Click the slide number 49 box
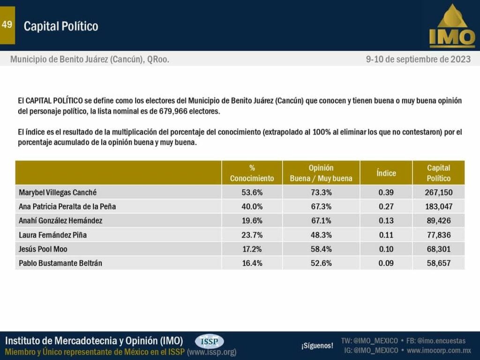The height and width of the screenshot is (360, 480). pos(7,25)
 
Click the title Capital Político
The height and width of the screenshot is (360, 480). pos(61,26)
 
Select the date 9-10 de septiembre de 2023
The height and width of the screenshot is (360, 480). pos(418,60)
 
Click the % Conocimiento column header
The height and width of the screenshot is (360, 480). pos(252,173)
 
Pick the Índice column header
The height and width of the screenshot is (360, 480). pos(386,173)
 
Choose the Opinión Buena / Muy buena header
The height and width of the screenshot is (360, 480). pos(321,173)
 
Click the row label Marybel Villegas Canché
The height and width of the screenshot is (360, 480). pos(58,192)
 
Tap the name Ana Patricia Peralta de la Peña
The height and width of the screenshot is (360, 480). pos(67,206)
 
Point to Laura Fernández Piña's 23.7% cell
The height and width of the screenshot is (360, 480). pos(252,235)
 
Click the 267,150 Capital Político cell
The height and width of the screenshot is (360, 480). pos(438,192)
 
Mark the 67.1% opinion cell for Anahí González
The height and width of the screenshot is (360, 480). pos(321,221)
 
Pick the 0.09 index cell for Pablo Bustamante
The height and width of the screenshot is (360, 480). pos(386,263)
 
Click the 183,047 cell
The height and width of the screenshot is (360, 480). pos(438,206)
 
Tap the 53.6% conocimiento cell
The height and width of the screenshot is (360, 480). pos(252,192)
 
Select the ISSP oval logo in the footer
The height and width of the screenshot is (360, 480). pos(209,341)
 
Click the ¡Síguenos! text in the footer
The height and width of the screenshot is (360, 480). pos(317,346)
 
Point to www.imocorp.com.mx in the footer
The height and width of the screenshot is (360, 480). pos(439,350)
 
